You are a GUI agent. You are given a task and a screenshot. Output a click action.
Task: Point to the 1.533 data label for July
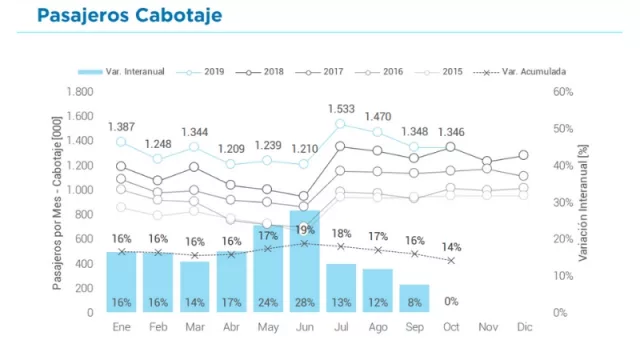point(341,108)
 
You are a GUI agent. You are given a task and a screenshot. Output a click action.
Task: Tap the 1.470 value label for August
point(378,117)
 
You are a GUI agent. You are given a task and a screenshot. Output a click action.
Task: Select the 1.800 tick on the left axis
point(78,91)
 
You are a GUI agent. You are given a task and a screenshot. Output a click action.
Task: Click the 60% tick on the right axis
point(562,91)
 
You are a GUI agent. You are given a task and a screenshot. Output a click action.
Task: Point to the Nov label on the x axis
point(487,327)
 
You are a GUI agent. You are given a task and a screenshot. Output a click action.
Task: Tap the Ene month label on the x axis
point(122,327)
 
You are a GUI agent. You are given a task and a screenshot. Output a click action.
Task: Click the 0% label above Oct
point(451,301)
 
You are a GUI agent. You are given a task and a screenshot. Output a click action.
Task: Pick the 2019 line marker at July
point(341,124)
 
